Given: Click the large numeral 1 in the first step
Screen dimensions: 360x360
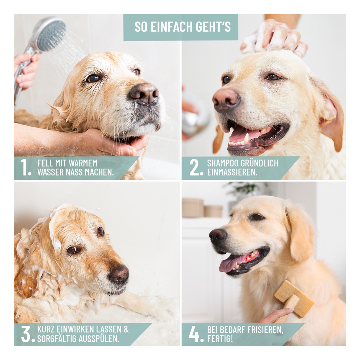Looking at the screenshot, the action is click(25, 167).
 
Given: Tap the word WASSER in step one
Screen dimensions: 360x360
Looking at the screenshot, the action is click(50, 172).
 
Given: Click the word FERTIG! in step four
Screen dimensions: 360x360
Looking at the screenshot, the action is click(220, 338).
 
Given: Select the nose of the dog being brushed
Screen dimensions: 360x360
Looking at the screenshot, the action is click(218, 236).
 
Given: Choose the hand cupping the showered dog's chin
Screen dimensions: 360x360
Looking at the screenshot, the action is click(112, 142).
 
